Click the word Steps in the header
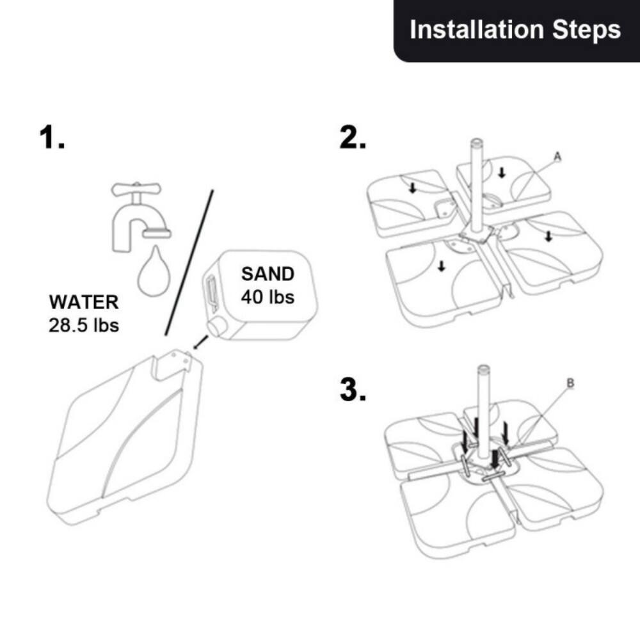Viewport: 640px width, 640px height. click(x=589, y=30)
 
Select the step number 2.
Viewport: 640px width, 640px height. click(x=353, y=138)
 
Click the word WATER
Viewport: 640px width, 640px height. click(x=84, y=302)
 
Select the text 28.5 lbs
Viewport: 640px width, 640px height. click(x=84, y=324)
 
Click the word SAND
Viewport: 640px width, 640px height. click(x=268, y=274)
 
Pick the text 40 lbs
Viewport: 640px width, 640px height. click(x=268, y=297)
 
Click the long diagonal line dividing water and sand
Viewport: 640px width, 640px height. click(x=189, y=262)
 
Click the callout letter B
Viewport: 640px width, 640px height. click(x=570, y=384)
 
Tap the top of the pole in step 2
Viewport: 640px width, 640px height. click(x=476, y=143)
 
